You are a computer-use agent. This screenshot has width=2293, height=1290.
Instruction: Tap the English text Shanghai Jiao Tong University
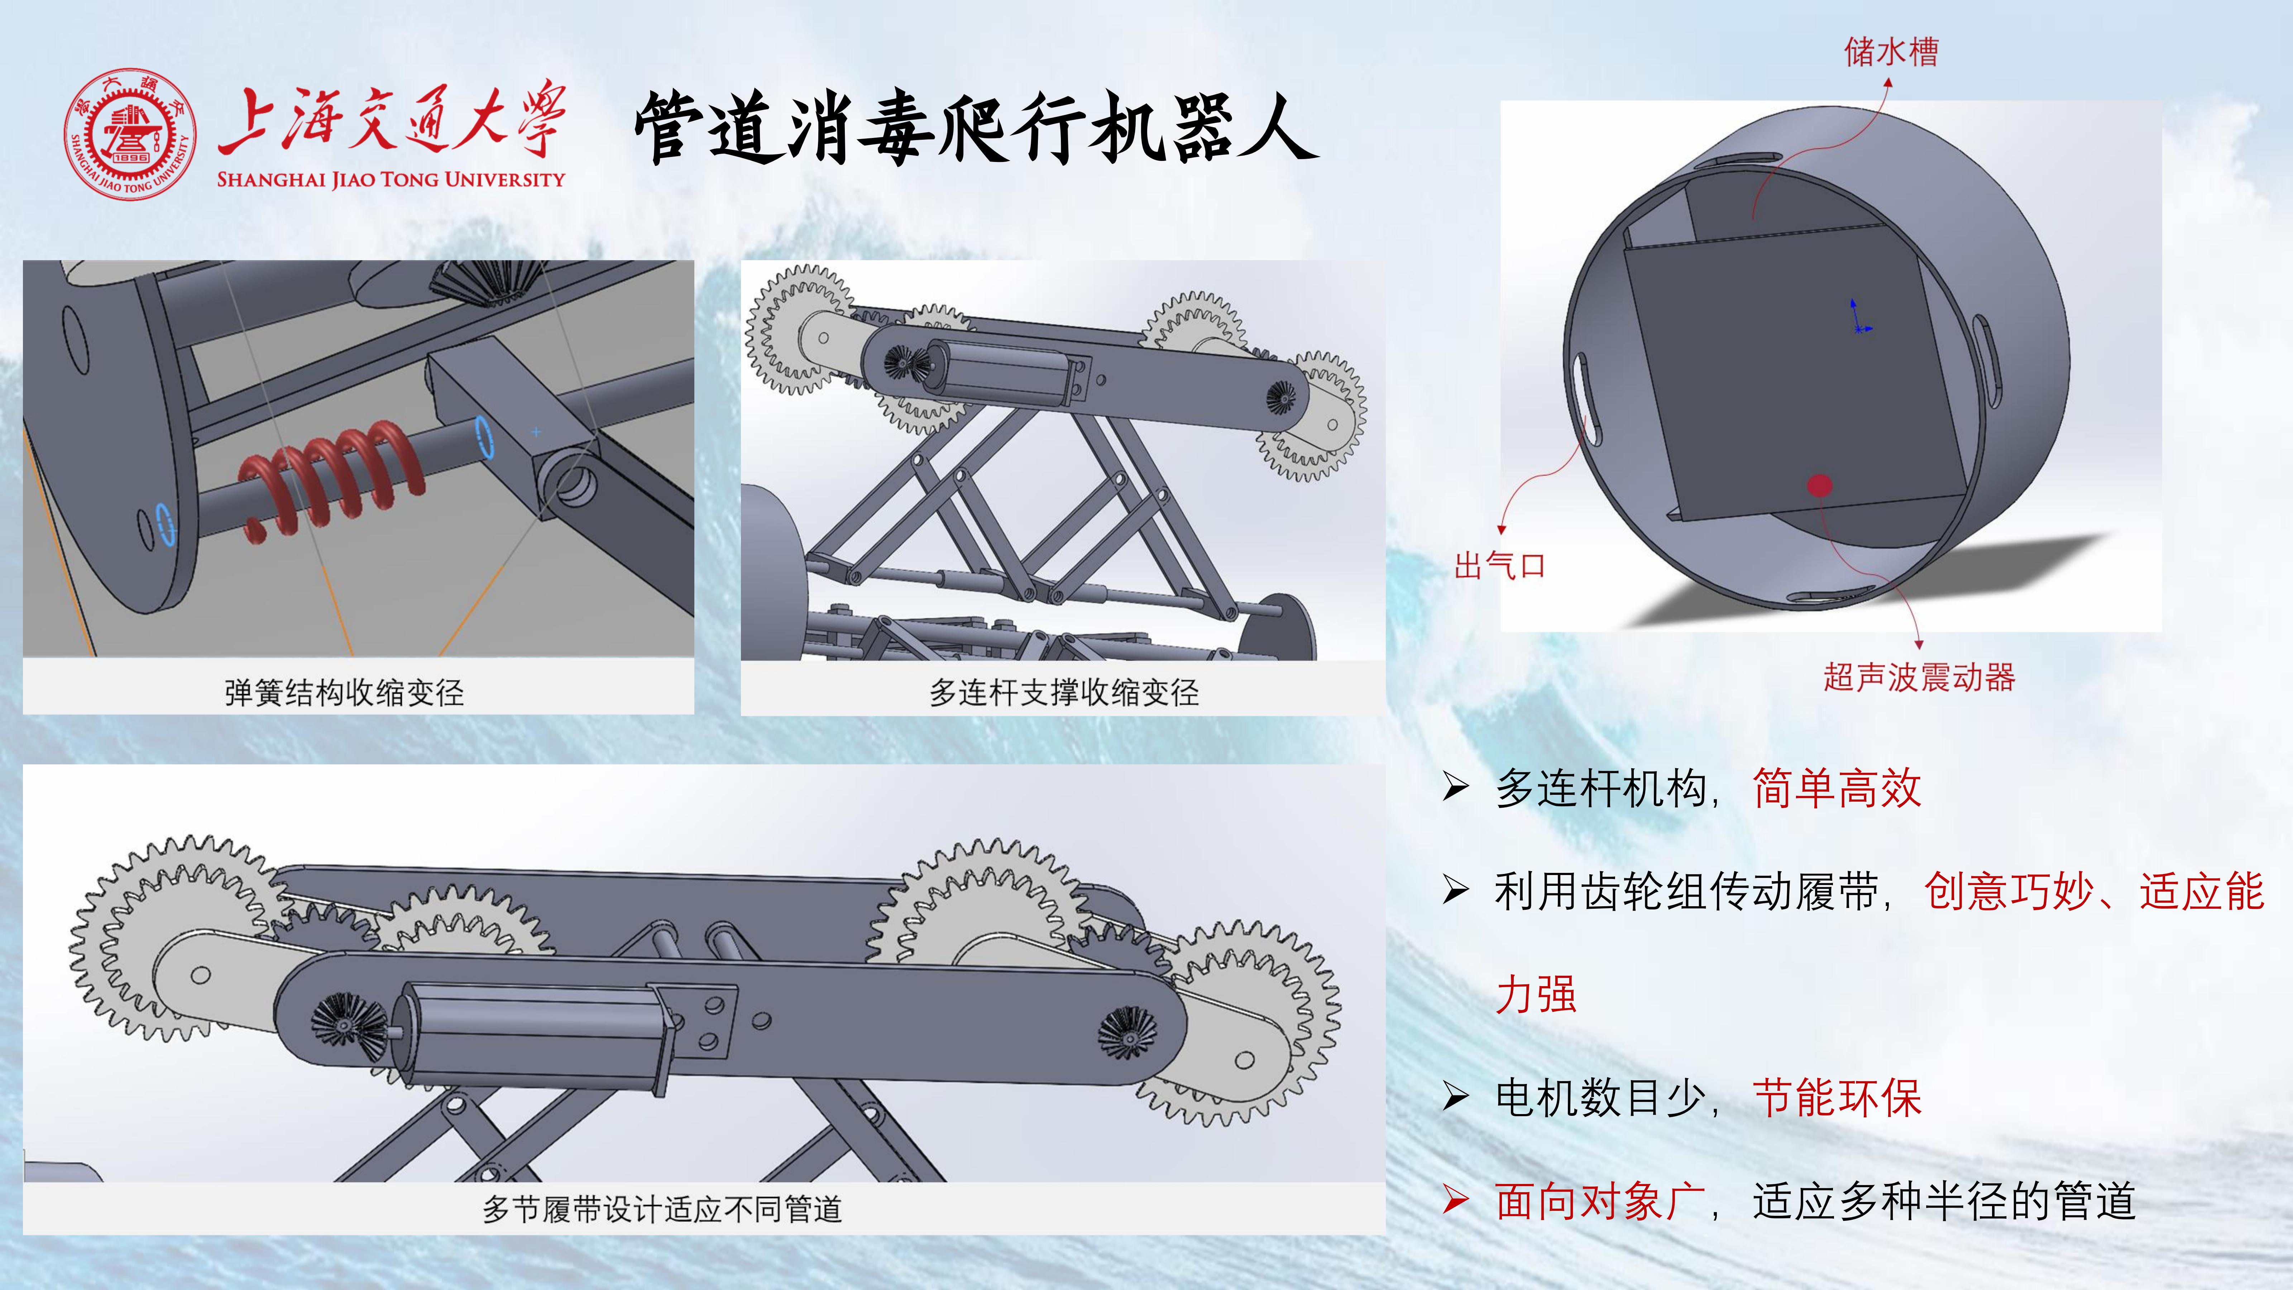(x=391, y=179)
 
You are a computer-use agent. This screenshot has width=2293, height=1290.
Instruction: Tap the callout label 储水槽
(x=1891, y=52)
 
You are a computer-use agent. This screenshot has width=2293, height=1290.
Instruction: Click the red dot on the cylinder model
(x=1819, y=485)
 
